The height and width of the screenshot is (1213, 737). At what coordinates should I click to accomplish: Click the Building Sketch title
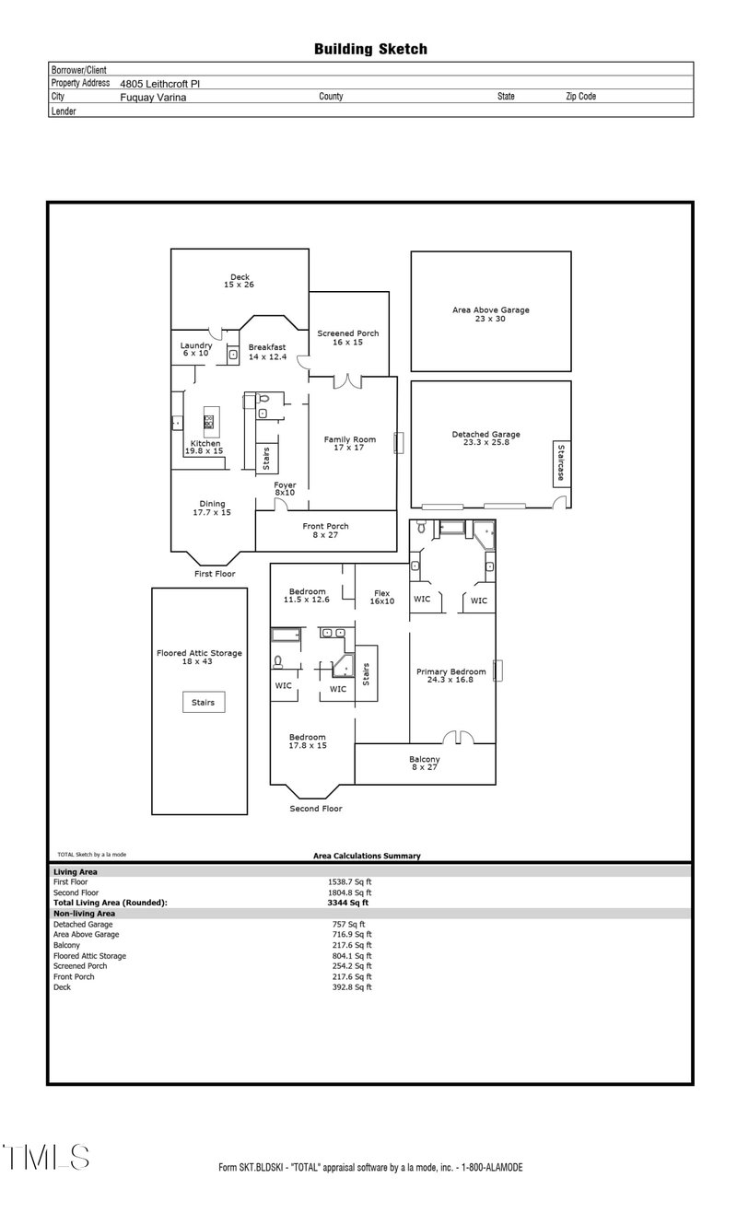click(x=370, y=50)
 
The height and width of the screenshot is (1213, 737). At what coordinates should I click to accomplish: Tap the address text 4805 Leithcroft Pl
click(x=159, y=84)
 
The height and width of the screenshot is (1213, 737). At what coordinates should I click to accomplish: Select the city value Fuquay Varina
click(x=153, y=98)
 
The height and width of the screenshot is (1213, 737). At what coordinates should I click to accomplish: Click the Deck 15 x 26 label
click(x=240, y=281)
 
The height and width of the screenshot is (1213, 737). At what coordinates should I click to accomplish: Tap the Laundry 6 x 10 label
click(x=196, y=349)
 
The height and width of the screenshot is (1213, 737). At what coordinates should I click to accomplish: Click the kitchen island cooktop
click(x=209, y=422)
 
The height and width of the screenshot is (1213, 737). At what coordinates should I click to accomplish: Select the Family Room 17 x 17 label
click(x=350, y=443)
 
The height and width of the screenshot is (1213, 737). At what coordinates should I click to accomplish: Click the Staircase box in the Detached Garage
click(x=562, y=463)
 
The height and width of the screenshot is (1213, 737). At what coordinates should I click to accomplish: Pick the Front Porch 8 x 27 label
click(x=325, y=531)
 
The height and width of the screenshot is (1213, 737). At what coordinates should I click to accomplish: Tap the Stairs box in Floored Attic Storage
click(x=203, y=703)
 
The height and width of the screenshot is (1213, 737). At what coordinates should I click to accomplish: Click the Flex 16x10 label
click(x=381, y=597)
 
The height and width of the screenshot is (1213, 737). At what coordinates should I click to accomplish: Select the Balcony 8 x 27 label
click(x=425, y=763)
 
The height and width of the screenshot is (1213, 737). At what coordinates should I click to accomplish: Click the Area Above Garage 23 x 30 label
click(x=491, y=314)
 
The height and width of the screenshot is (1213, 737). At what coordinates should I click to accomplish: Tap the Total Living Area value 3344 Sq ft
click(x=347, y=903)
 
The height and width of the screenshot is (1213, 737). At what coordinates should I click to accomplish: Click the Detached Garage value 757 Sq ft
click(x=349, y=925)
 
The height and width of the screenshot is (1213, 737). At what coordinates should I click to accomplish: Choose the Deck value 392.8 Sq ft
click(x=352, y=987)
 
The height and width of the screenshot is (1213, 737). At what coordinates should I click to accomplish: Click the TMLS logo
click(x=46, y=1157)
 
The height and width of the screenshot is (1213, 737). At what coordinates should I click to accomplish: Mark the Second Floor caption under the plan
click(x=316, y=809)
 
